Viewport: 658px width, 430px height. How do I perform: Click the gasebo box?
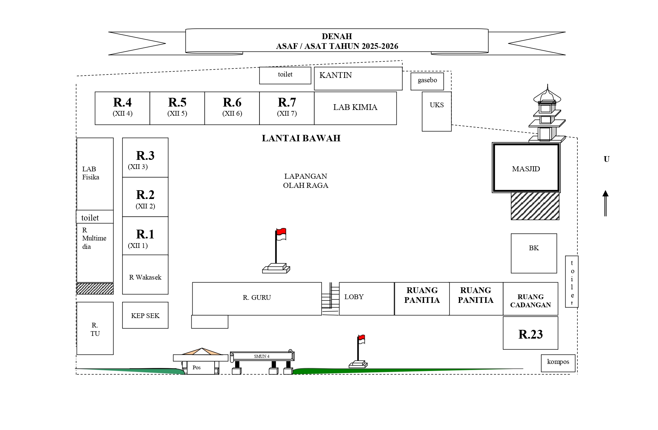tap(427, 81)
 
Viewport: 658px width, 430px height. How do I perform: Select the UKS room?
tap(437, 111)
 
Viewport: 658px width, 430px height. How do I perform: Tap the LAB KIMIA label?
tap(355, 107)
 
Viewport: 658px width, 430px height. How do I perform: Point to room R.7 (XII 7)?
tap(287, 108)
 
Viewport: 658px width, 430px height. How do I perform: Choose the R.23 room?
tap(530, 333)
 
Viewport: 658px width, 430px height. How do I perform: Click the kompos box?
tap(558, 363)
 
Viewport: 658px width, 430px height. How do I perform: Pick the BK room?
tap(534, 253)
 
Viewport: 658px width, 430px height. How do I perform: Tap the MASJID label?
tap(526, 169)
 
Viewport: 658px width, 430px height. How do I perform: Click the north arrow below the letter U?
tap(605, 203)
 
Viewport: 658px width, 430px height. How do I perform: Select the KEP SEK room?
tap(145, 315)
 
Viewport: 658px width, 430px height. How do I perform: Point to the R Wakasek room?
tap(145, 275)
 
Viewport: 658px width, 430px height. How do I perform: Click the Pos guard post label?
tap(196, 368)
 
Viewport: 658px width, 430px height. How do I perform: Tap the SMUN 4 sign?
tap(262, 356)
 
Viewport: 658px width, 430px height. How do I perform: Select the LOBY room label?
tap(354, 297)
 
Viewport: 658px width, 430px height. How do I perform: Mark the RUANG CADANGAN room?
tap(530, 299)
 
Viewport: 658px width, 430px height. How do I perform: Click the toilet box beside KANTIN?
tap(285, 75)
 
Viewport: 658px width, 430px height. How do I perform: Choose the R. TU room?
tap(95, 328)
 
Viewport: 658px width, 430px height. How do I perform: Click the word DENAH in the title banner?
tap(337, 36)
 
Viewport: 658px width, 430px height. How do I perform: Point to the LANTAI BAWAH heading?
tap(301, 138)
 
